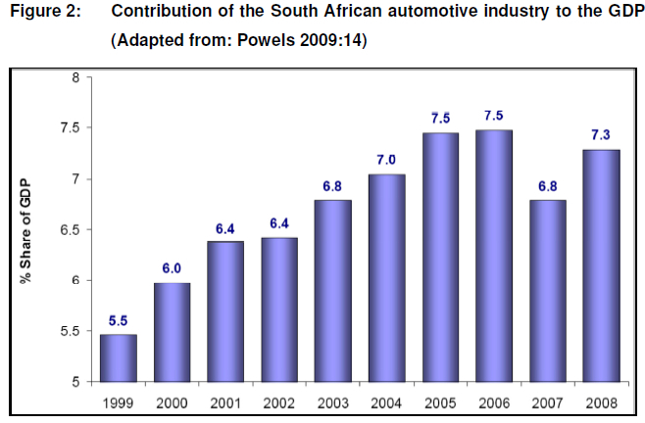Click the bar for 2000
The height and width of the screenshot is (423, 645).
173,333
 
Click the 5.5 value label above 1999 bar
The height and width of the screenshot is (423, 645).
119,320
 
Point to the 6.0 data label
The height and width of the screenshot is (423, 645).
173,268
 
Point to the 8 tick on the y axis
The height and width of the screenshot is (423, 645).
75,77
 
